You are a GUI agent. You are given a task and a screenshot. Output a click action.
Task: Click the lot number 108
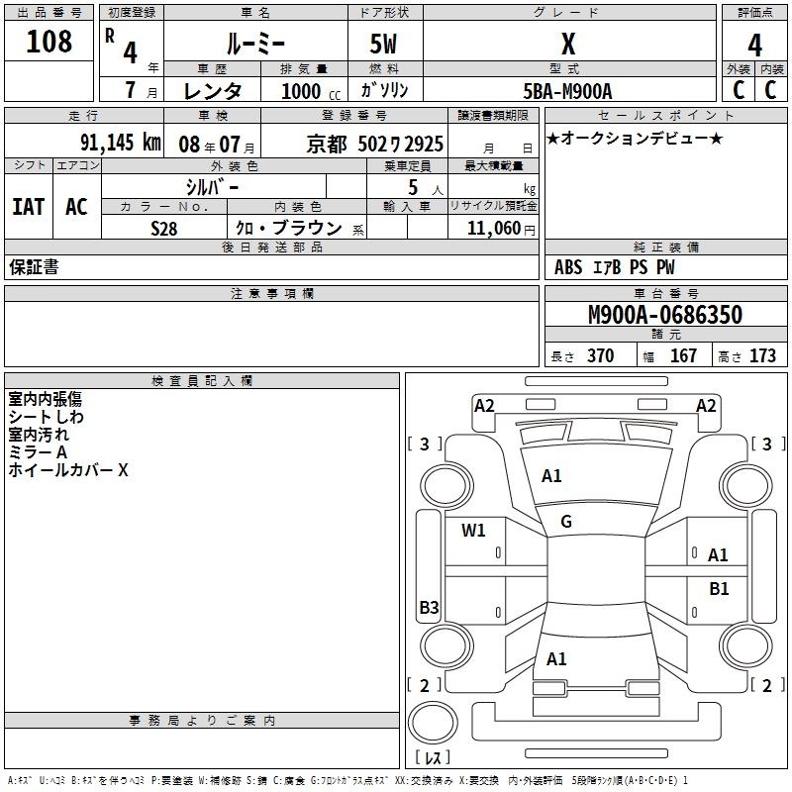49,41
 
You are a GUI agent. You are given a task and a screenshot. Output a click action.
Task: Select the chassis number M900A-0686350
665,315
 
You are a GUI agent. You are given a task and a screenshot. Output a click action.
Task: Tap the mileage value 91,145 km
121,143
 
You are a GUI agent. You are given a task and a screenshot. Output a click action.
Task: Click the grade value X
568,44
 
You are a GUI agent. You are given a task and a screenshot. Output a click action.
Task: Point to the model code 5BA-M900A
567,91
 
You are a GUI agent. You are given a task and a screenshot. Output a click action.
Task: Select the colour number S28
164,229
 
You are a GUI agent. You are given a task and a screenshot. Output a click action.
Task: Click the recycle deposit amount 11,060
494,228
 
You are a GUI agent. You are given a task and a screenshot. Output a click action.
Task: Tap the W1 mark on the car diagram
473,530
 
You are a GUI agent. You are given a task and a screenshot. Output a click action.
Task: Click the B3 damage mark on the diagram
429,607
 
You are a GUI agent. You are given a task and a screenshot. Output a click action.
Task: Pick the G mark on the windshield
566,522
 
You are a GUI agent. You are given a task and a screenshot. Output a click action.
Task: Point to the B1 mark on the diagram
719,589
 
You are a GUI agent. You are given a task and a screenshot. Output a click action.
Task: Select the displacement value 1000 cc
311,91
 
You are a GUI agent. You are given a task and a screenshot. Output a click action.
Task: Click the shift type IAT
29,207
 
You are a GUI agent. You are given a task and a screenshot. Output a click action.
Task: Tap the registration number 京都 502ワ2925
375,144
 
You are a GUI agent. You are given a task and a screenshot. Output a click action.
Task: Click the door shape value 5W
383,44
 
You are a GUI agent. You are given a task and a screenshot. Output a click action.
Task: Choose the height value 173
762,355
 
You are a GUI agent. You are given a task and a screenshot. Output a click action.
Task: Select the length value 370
601,355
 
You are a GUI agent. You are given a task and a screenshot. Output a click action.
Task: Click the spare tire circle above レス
433,723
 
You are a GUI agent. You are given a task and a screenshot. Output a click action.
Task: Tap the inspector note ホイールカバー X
68,470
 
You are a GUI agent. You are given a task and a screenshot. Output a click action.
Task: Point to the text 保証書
34,266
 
